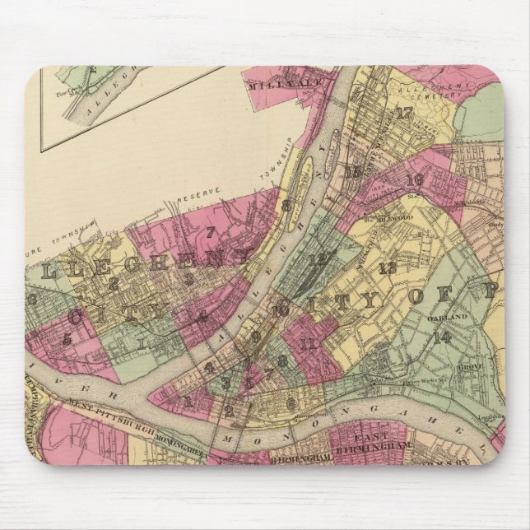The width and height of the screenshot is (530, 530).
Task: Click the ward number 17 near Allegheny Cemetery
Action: coord(404,114)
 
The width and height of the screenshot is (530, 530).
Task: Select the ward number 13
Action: coord(388,267)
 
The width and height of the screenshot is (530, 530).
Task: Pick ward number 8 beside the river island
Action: coord(286,207)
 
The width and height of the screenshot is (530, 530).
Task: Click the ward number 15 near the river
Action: coord(355,172)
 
